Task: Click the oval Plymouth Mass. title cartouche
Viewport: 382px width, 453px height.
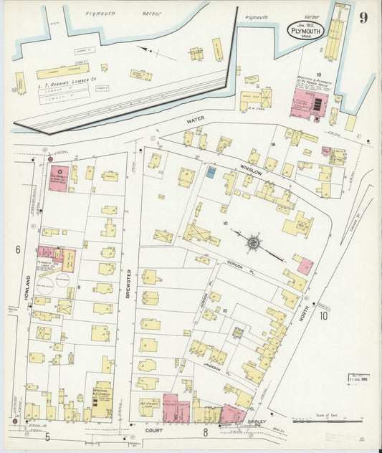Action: point(306,29)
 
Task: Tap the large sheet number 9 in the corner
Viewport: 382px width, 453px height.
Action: point(363,18)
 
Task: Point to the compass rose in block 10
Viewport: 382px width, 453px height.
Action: point(254,244)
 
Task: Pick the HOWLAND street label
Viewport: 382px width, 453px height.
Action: point(29,273)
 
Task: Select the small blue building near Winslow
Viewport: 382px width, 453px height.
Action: point(211,171)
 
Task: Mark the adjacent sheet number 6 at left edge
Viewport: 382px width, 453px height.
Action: point(15,249)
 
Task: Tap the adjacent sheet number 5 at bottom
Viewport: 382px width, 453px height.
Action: point(47,435)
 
